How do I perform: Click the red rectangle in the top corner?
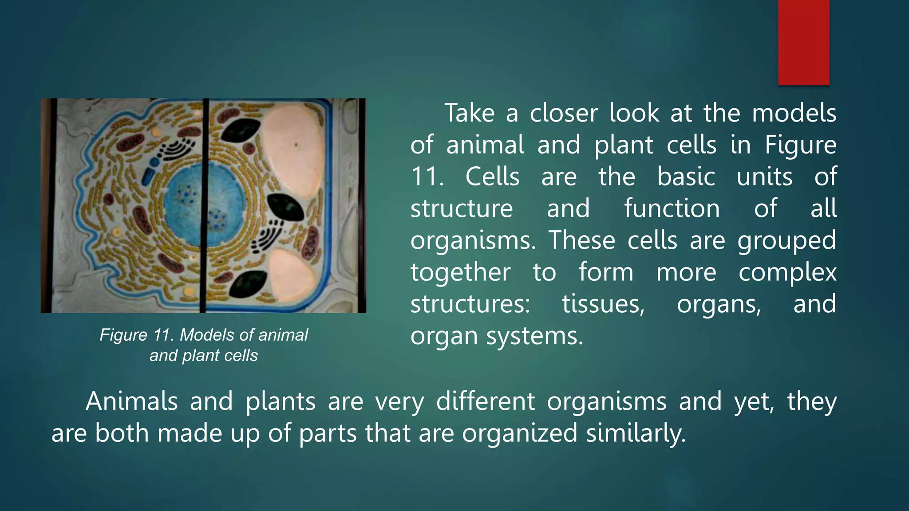click(803, 42)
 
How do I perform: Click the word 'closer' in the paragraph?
click(564, 113)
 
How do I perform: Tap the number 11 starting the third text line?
click(427, 177)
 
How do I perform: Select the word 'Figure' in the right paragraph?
click(800, 145)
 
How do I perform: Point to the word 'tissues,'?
click(603, 304)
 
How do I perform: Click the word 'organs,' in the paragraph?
click(719, 304)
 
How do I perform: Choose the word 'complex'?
click(787, 272)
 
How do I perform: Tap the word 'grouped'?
click(786, 241)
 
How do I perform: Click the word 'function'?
click(672, 209)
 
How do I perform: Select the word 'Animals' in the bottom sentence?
click(131, 401)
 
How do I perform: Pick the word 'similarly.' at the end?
click(636, 433)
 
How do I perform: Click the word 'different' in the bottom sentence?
click(485, 401)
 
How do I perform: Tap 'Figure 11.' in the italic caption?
click(137, 335)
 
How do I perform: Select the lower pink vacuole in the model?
click(292, 273)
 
